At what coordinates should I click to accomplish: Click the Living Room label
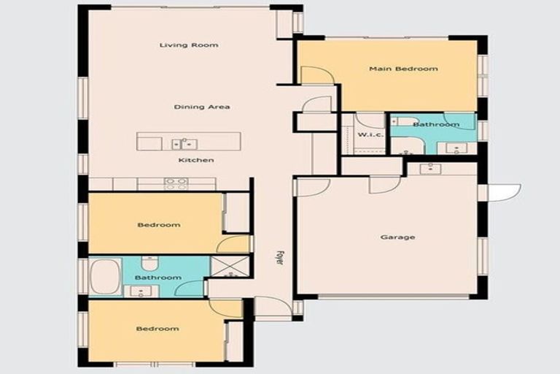(x=189, y=45)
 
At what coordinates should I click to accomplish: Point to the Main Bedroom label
(x=403, y=69)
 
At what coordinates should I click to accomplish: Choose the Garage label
(x=398, y=237)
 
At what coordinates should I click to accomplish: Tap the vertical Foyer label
(x=279, y=258)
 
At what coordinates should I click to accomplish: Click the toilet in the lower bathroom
(x=149, y=262)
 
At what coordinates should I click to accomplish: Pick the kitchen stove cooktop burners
(x=176, y=184)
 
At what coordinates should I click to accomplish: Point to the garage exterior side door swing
(x=505, y=192)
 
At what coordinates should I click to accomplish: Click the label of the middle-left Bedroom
(x=158, y=225)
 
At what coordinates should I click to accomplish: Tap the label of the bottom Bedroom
(x=157, y=329)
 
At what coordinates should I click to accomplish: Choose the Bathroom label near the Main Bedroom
(x=436, y=125)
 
